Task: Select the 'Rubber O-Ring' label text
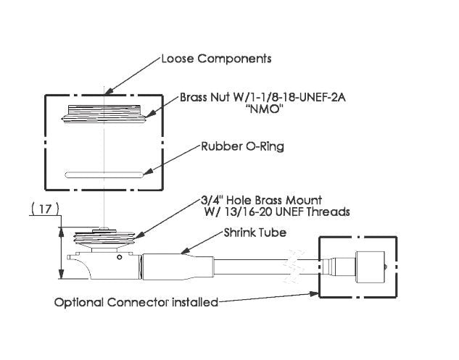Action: point(241,146)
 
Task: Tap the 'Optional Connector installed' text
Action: point(136,302)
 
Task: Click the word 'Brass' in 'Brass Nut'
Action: point(194,96)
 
